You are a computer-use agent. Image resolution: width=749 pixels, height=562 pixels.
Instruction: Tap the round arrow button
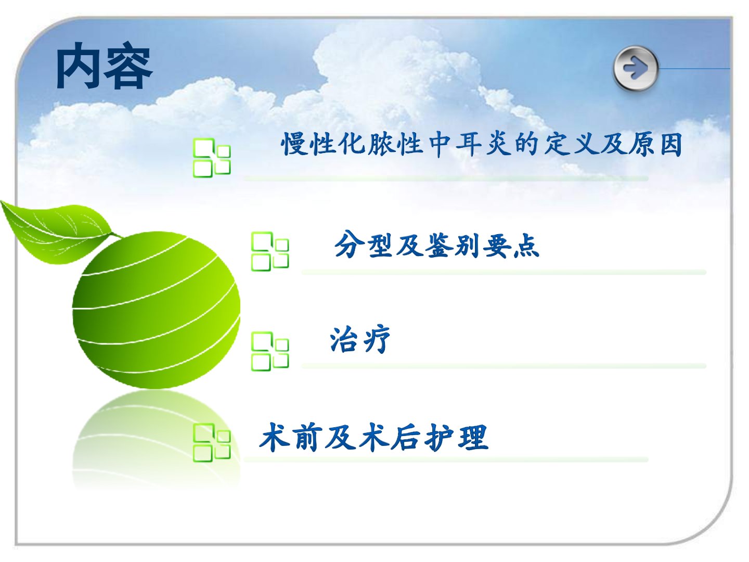tap(636, 68)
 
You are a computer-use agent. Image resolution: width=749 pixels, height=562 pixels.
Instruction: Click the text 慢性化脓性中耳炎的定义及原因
tap(482, 144)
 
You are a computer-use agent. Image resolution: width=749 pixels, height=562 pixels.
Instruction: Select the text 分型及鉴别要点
tap(437, 245)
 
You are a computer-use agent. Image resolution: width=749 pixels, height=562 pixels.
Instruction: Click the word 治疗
tap(359, 339)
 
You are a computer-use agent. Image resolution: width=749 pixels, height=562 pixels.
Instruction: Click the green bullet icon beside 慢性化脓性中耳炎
tap(212, 158)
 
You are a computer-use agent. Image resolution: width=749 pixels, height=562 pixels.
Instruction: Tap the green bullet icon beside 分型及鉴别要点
tap(270, 251)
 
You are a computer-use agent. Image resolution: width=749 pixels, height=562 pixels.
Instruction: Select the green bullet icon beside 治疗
tap(270, 351)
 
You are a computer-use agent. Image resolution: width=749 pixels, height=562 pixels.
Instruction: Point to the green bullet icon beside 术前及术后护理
tap(212, 442)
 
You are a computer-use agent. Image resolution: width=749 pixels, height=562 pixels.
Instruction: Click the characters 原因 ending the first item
tap(655, 144)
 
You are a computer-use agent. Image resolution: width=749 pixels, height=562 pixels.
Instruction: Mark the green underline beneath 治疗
tap(503, 366)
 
